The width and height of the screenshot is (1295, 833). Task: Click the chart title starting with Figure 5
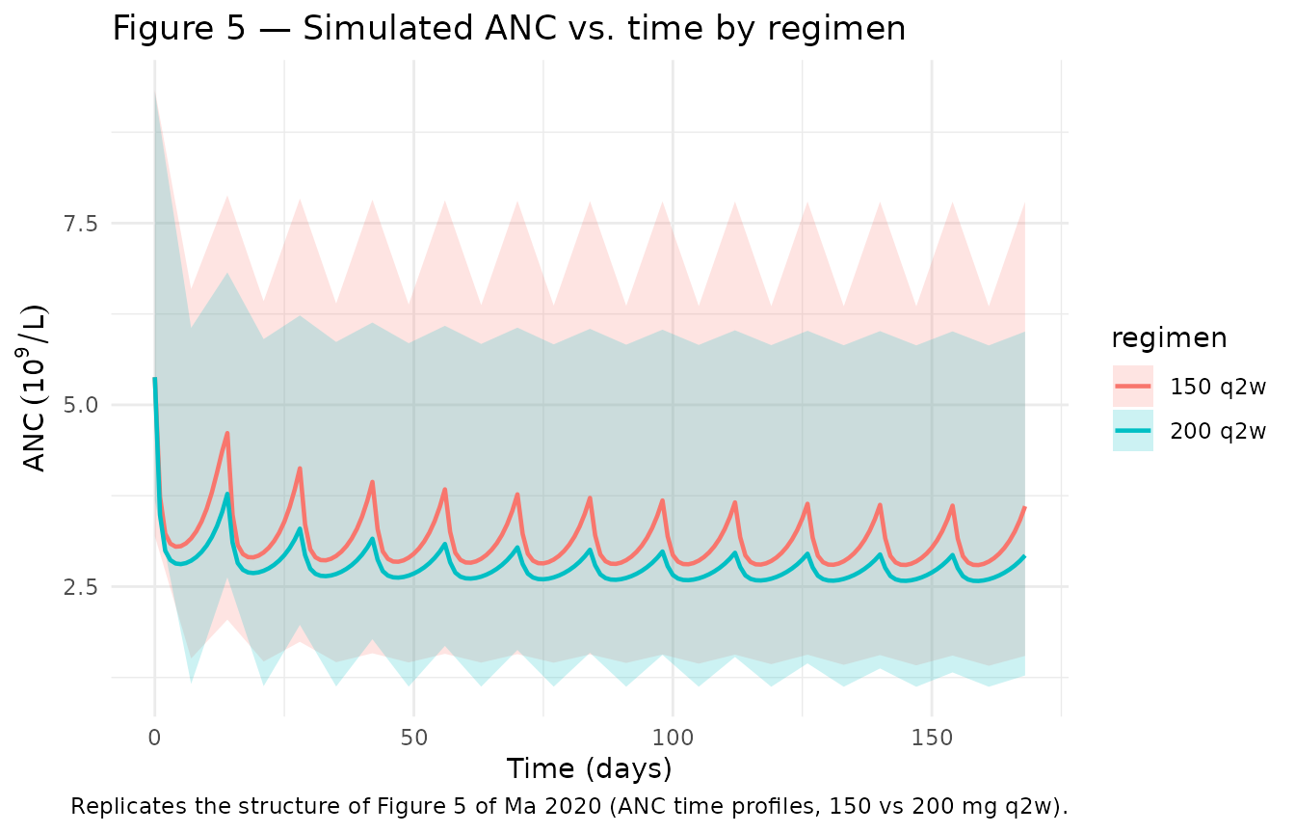click(509, 28)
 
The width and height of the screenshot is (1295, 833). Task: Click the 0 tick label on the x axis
click(155, 738)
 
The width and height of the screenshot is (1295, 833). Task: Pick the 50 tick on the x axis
click(413, 738)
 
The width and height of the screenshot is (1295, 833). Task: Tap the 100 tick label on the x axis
click(673, 738)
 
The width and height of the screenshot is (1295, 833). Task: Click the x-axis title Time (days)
click(589, 769)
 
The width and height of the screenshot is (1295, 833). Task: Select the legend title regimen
click(1169, 338)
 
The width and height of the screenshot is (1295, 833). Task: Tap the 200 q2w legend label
click(1218, 431)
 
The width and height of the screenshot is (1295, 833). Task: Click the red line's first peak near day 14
click(227, 433)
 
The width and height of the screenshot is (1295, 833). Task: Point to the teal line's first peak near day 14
click(227, 494)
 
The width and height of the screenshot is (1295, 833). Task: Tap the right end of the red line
click(1024, 507)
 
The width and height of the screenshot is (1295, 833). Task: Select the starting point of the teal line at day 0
click(155, 379)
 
